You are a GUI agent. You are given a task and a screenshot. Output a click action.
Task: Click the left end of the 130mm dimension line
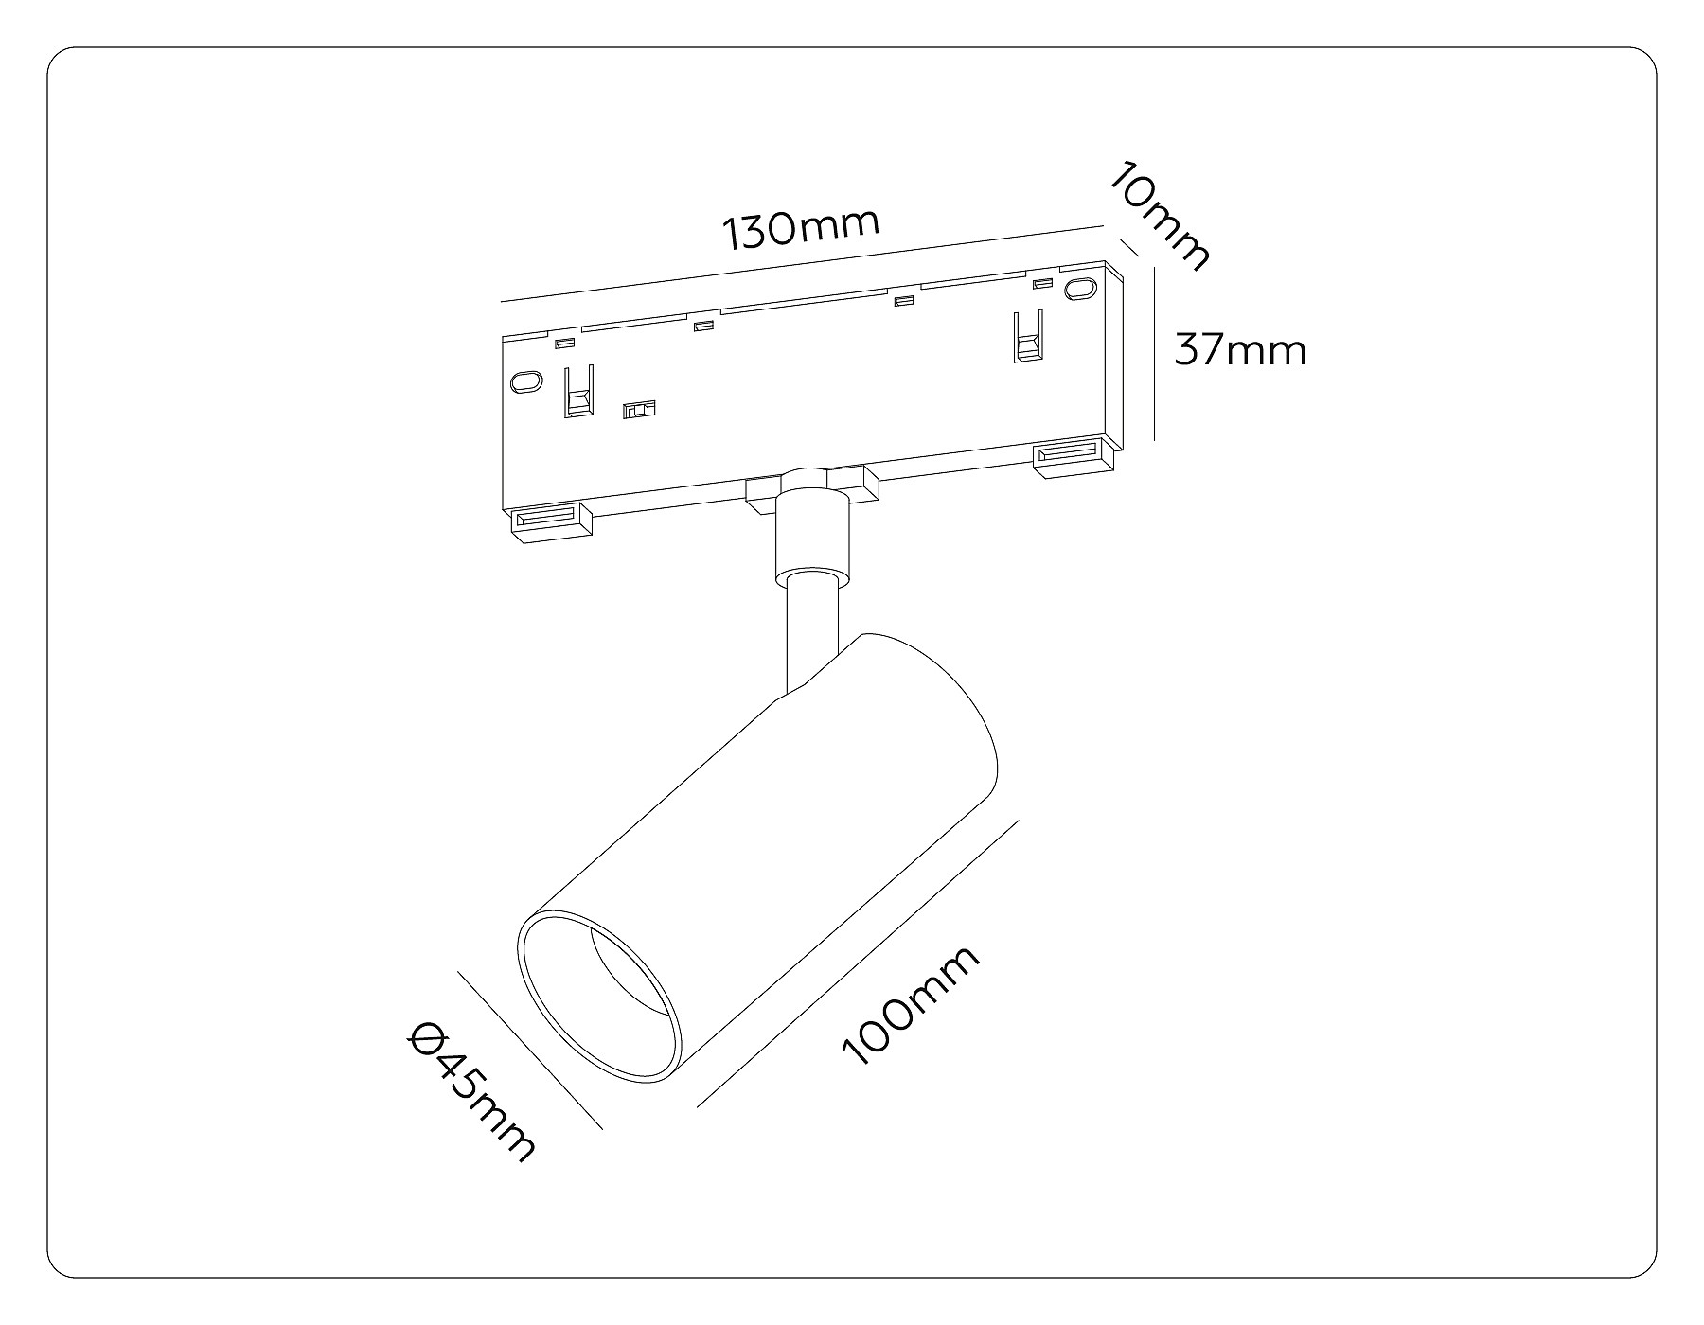tap(501, 301)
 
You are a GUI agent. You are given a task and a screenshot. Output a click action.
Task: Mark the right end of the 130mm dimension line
tap(1106, 226)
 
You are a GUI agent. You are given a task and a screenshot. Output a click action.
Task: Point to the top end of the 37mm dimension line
tap(1155, 269)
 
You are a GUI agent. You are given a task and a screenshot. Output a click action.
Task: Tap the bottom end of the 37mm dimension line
tap(1155, 441)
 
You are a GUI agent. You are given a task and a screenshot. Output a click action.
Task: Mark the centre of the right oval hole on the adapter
tap(1077, 290)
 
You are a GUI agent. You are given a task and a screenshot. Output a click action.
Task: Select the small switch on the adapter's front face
tap(640, 410)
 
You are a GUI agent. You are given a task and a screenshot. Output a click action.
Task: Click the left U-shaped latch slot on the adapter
tap(578, 391)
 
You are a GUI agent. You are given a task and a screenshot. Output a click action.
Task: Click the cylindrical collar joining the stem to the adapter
tap(811, 530)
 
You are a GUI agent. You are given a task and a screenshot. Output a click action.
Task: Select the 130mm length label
tap(802, 230)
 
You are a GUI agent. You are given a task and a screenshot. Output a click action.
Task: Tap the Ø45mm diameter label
tap(471, 1092)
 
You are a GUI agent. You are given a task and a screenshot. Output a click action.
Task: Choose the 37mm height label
tap(1240, 350)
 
